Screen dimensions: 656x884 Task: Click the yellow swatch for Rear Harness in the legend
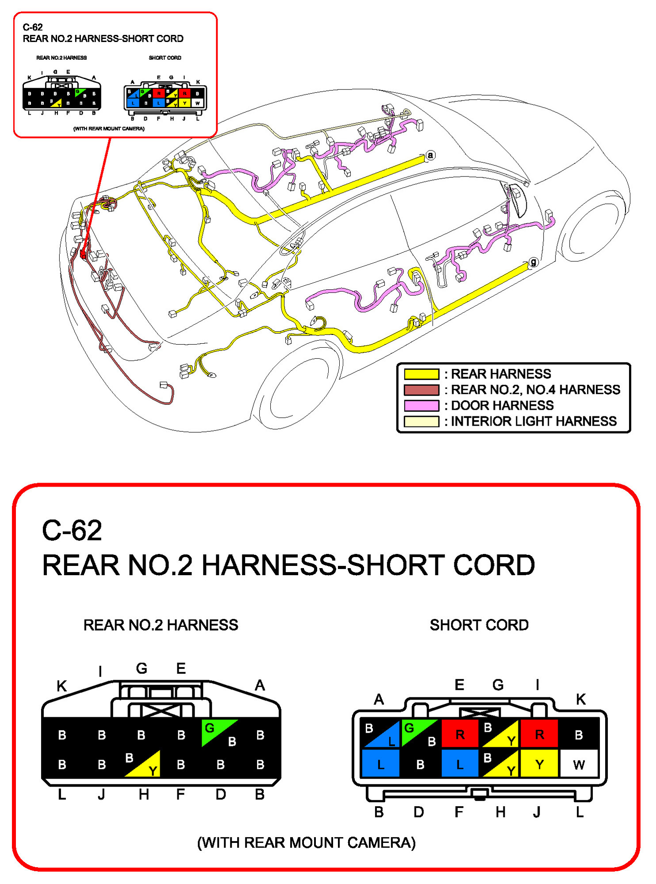click(x=421, y=374)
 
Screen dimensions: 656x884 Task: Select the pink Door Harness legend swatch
click(x=421, y=405)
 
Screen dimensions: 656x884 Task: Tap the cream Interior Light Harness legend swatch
click(x=421, y=421)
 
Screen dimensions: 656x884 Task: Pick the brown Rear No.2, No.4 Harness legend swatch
click(x=421, y=390)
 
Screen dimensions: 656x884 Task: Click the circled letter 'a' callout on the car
click(x=430, y=155)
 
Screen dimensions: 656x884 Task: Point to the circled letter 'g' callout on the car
click(x=533, y=262)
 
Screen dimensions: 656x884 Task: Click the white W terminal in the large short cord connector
click(x=579, y=764)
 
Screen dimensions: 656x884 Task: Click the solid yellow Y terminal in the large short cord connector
click(x=539, y=764)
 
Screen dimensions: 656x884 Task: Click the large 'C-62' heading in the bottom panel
click(x=72, y=530)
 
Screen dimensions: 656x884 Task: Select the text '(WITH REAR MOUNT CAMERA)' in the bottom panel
click(x=306, y=842)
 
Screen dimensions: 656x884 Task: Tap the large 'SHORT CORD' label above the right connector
click(x=479, y=625)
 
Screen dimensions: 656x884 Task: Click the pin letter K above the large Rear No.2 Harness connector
click(x=61, y=686)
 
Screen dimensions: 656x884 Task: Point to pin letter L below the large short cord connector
click(x=579, y=812)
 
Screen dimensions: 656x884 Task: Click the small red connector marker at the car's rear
click(x=83, y=254)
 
